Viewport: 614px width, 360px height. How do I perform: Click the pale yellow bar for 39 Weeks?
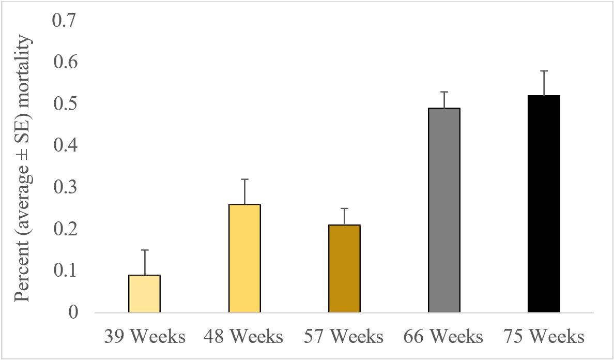(x=144, y=294)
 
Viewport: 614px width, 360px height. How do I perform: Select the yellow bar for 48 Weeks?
(x=244, y=259)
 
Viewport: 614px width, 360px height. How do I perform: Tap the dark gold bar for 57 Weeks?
(x=344, y=269)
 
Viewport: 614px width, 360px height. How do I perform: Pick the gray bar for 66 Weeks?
(x=444, y=211)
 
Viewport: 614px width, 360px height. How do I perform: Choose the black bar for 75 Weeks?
(x=544, y=204)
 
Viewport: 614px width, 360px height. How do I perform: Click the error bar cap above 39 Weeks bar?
(x=144, y=250)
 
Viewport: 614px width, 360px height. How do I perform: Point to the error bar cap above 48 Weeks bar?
(x=244, y=179)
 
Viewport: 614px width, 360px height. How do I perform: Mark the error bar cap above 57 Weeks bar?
(x=344, y=208)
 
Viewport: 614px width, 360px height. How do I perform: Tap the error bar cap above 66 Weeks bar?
(x=444, y=92)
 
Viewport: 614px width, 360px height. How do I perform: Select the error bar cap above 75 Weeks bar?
(x=544, y=71)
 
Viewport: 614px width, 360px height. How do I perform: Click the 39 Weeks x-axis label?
(x=144, y=337)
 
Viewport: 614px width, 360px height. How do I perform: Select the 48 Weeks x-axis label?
(x=244, y=337)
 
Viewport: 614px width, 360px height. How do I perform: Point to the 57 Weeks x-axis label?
(x=344, y=337)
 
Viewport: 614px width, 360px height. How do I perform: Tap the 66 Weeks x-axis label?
(x=444, y=337)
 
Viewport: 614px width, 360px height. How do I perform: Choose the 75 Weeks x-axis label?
(x=544, y=337)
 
